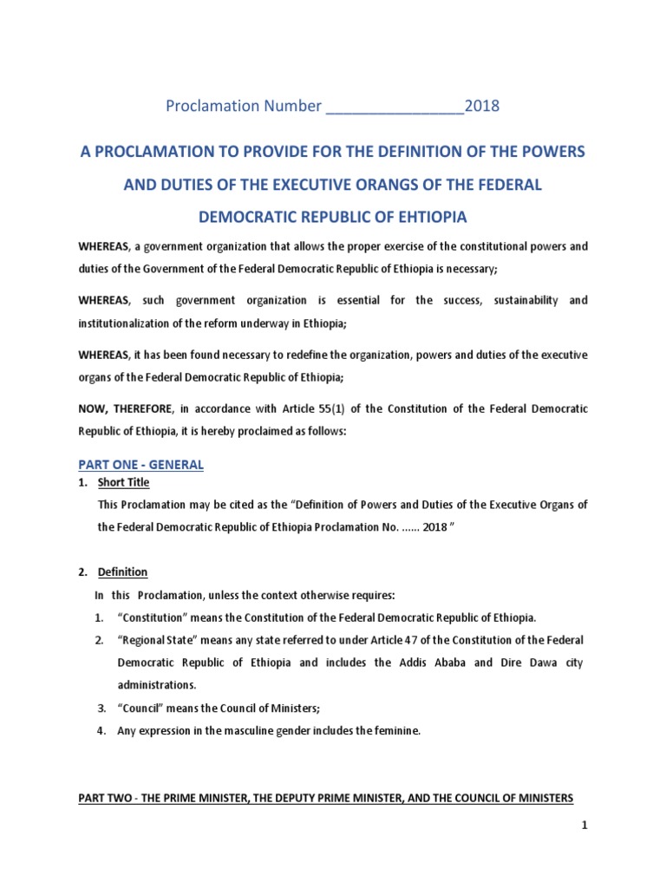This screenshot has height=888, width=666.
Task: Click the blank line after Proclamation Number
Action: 395,107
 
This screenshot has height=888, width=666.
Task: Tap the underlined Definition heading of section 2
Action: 124,572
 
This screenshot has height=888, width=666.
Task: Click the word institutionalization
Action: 131,323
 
